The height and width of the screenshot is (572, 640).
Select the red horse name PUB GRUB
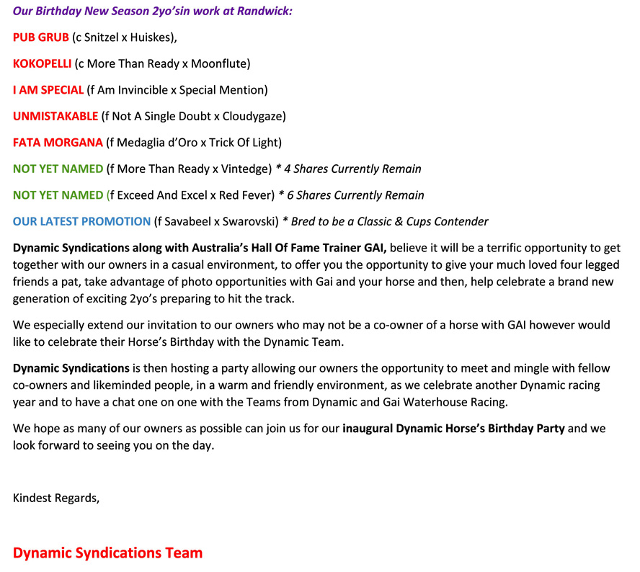tap(41, 37)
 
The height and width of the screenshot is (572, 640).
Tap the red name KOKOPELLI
tap(43, 63)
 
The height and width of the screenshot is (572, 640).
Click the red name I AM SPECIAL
tap(48, 90)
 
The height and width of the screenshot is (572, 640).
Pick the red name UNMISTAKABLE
tap(55, 116)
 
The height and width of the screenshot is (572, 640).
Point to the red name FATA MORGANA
tap(58, 143)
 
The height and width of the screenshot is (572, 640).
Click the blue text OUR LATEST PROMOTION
tap(82, 221)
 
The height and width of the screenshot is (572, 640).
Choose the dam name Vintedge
tap(241, 169)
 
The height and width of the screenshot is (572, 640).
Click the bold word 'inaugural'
tap(370, 429)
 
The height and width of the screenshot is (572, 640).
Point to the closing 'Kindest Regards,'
tap(56, 497)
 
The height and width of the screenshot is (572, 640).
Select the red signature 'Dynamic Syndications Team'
tap(107, 553)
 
